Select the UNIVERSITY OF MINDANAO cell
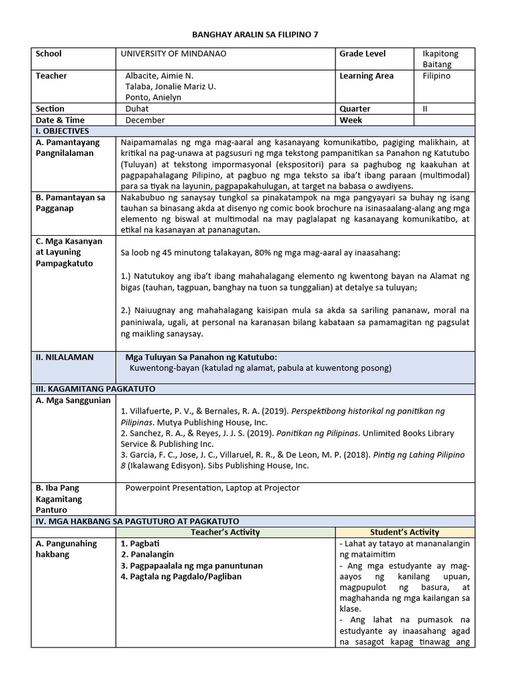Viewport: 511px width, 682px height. click(174, 54)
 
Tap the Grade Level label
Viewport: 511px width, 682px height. click(363, 54)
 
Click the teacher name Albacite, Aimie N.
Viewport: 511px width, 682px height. click(159, 76)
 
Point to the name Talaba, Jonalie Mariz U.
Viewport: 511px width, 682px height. click(170, 87)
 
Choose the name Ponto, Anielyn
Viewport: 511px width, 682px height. click(153, 97)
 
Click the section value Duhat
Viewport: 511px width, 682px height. click(137, 109)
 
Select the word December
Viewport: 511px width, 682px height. click(145, 120)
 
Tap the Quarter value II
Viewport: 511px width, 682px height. click(425, 109)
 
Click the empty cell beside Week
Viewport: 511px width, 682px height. click(444, 120)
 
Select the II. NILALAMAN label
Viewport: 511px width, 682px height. click(65, 357)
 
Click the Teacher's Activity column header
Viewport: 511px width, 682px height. click(225, 532)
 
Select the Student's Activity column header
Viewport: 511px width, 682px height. click(405, 532)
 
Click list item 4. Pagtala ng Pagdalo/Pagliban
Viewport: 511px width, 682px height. click(181, 576)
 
